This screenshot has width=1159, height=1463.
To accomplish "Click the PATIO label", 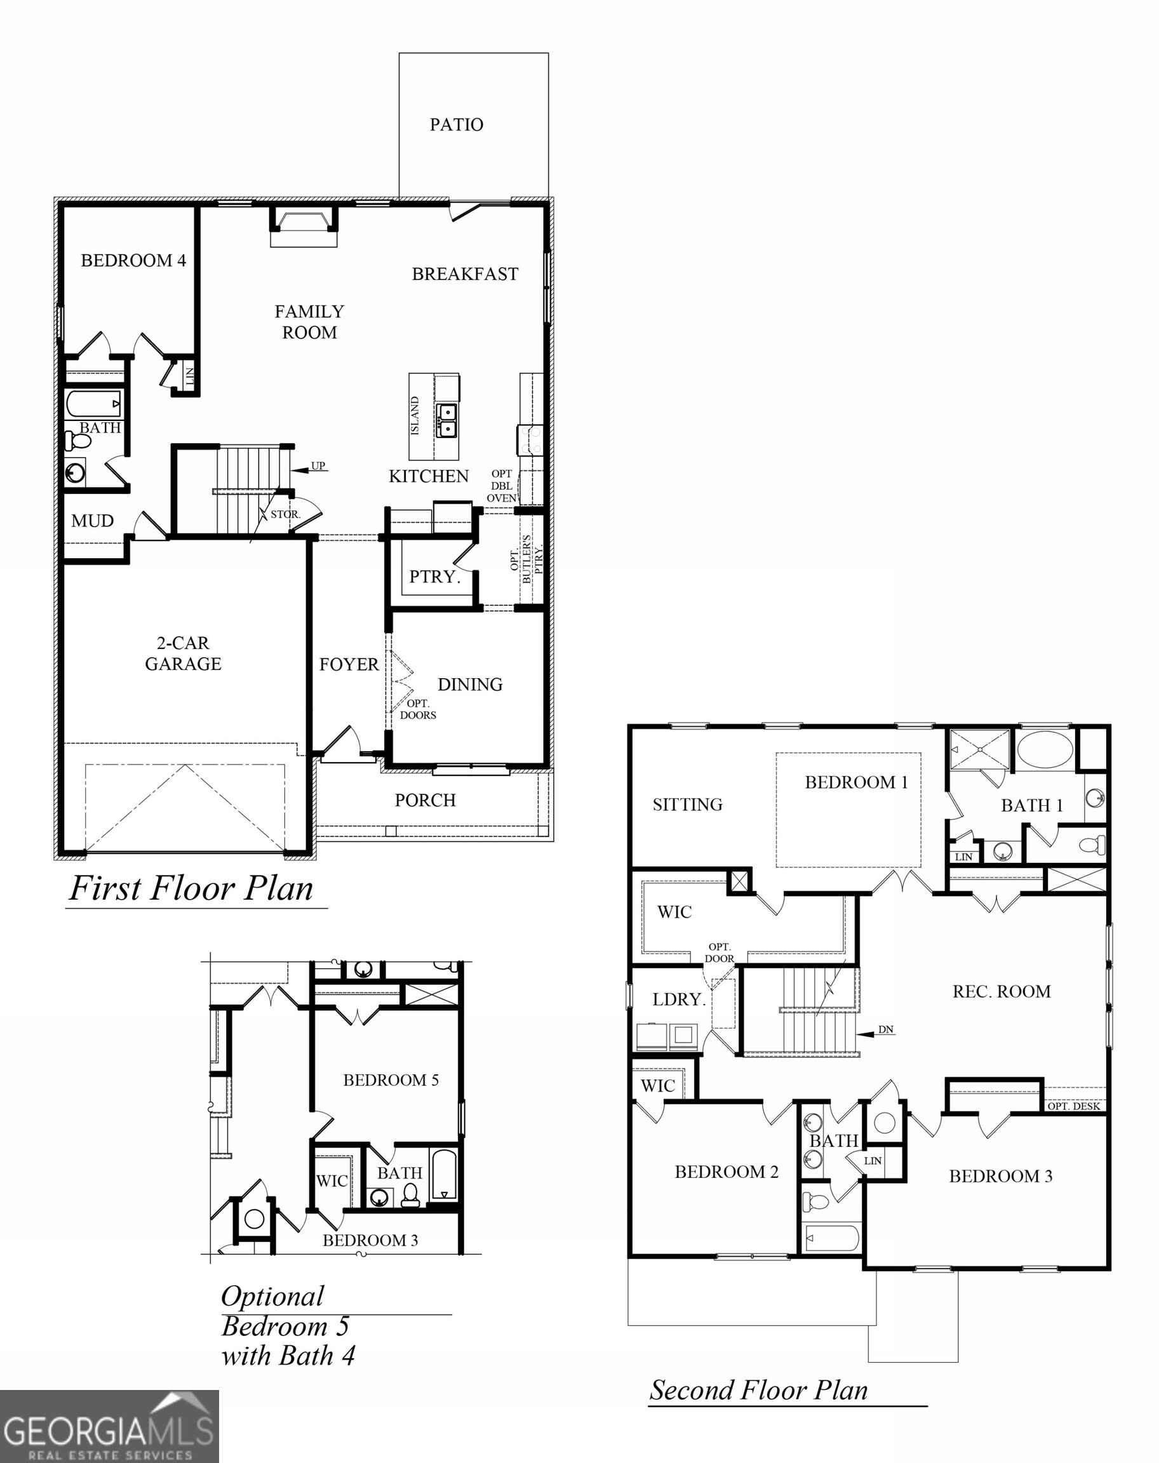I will (x=456, y=125).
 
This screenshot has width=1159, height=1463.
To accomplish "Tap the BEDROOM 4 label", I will (x=133, y=260).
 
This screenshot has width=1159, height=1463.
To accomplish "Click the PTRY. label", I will (x=434, y=577).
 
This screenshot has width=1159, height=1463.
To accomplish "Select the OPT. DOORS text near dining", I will (x=417, y=709).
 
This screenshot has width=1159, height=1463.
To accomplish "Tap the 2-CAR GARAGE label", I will (x=183, y=653).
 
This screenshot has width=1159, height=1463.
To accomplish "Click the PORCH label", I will (x=425, y=801).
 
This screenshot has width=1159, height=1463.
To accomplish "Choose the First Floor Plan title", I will (x=191, y=888).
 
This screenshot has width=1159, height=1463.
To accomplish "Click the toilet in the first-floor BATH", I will (x=79, y=442).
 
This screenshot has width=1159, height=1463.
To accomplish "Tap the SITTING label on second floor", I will (x=687, y=805).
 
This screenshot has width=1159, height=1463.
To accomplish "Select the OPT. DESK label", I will (x=1073, y=1106).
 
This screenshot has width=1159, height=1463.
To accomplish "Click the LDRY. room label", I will (x=679, y=999).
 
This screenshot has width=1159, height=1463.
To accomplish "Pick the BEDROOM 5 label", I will (x=391, y=1079).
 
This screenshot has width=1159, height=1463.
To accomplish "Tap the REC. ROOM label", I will (x=1002, y=991).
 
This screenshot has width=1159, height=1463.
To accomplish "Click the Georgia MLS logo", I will (x=109, y=1426).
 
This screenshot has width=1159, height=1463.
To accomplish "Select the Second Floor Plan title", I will (x=759, y=1391).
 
